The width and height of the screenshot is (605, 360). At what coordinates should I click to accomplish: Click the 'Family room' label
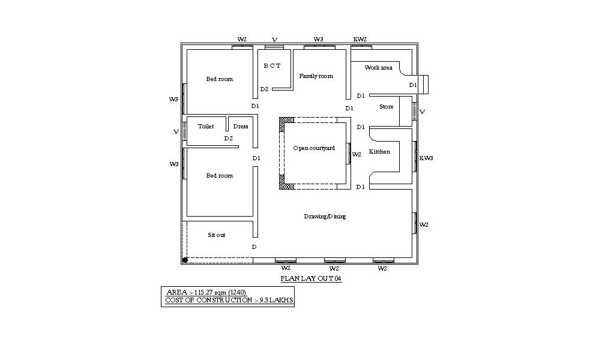(316, 76)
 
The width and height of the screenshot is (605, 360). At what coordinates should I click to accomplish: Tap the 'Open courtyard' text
(314, 148)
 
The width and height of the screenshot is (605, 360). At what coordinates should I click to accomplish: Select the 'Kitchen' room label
(379, 152)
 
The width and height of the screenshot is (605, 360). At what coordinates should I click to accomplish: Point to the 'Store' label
(387, 107)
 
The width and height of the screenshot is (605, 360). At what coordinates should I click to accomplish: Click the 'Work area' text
(378, 68)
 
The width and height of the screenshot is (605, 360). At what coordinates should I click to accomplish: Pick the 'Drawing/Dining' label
(325, 217)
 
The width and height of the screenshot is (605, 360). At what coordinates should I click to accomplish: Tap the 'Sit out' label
(217, 235)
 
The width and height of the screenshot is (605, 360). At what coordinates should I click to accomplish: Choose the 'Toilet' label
(206, 127)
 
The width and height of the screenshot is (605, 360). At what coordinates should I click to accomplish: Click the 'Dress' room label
(241, 127)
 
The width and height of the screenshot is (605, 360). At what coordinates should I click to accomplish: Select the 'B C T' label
(272, 66)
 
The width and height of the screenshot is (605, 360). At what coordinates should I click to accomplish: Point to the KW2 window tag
(360, 40)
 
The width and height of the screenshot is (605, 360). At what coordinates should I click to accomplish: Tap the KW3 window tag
(426, 158)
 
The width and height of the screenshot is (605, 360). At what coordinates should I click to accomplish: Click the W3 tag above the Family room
(319, 40)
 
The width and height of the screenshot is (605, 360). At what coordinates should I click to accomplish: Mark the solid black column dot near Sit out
(185, 260)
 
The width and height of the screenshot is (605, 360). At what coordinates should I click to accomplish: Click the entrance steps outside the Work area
(424, 85)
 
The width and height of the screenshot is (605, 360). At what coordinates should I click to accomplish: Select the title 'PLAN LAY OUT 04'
(312, 279)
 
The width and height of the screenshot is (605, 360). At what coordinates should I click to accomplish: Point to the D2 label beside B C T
(264, 89)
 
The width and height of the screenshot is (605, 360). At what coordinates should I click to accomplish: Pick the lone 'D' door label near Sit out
(254, 247)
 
